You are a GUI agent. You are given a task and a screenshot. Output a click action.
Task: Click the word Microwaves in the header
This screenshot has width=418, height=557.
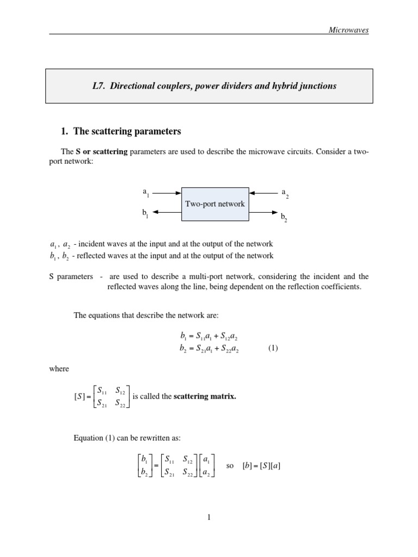coord(348,30)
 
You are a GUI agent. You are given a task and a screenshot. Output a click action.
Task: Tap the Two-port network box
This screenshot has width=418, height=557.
coord(215,204)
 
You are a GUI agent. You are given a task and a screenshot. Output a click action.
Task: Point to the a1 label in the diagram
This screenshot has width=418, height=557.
coord(146,192)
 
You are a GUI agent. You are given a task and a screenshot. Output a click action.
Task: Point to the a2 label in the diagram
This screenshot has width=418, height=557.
coord(284,193)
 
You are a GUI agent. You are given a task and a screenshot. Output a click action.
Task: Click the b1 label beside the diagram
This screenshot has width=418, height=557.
coord(145,213)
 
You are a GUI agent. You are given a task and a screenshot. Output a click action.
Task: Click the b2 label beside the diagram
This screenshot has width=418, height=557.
coord(284,217)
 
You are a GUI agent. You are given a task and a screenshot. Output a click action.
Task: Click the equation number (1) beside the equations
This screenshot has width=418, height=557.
coord(273,349)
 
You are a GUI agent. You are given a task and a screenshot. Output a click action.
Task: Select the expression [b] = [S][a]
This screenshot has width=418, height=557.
coord(261,466)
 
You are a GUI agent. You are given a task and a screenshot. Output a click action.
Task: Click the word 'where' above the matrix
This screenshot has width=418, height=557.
coord(59,369)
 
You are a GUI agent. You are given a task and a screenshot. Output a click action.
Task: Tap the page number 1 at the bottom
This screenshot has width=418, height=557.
coord(209,517)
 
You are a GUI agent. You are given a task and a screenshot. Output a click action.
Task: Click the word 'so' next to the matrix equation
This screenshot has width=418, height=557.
coord(230,466)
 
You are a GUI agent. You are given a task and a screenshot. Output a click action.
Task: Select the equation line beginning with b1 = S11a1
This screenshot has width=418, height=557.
coord(209,338)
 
